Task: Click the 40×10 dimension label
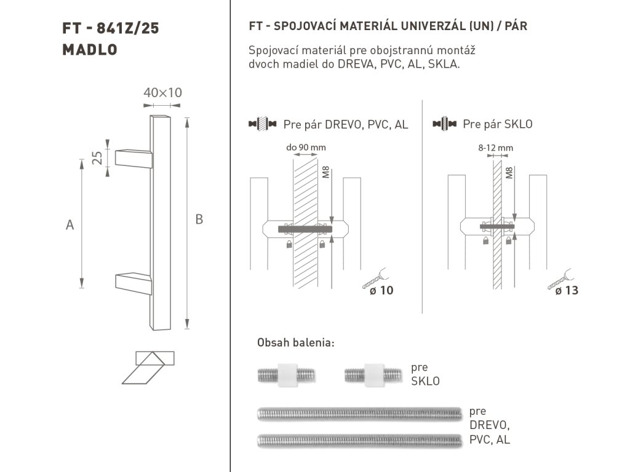[162, 93]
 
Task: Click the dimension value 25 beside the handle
[97, 158]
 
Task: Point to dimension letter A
[70, 225]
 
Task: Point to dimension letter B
[199, 219]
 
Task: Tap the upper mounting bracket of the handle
[134, 159]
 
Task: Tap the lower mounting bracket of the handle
[134, 283]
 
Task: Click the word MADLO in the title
[90, 50]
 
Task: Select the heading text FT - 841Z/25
[111, 28]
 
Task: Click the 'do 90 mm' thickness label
[306, 147]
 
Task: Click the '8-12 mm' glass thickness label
[495, 147]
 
